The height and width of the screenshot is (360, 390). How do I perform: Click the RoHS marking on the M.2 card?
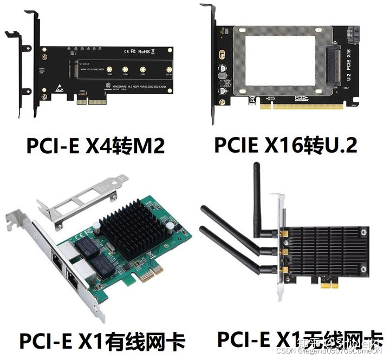pyautogui.click(x=144, y=51)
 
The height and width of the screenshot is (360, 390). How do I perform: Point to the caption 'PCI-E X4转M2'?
pyautogui.click(x=95, y=145)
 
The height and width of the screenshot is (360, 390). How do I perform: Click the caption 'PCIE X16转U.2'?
pyautogui.click(x=287, y=145)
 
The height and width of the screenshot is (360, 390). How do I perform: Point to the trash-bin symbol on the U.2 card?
pyautogui.click(x=252, y=100)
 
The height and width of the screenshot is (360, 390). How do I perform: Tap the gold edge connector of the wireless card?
pyautogui.click(x=325, y=284)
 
